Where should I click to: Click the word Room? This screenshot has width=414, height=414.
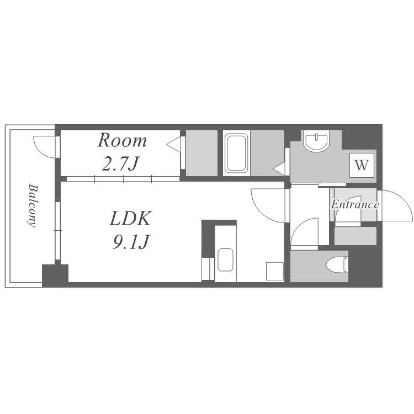click(122, 140)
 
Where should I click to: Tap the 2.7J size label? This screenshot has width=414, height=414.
click(120, 164)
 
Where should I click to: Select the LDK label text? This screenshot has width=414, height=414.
click(130, 218)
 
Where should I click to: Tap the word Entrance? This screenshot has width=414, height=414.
click(355, 204)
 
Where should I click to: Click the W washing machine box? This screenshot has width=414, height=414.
click(362, 165)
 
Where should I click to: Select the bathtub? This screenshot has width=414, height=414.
click(236, 153)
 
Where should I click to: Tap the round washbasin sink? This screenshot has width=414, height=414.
click(316, 140)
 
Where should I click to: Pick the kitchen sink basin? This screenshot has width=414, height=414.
click(225, 260)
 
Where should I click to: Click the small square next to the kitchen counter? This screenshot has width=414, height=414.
click(274, 271)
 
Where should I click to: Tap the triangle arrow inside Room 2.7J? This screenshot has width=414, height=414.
click(174, 145)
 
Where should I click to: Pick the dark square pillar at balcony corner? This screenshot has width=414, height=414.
click(55, 275)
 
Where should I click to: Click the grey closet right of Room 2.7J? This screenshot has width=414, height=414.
click(201, 153)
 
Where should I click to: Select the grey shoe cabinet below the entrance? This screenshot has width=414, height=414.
click(355, 236)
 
